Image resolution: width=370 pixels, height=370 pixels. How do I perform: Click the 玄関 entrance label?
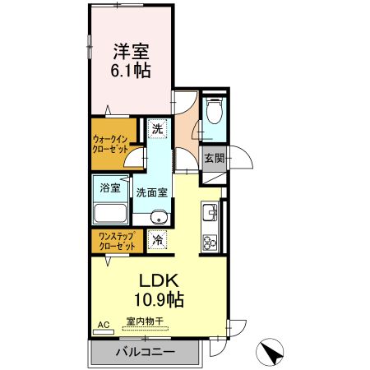click(214, 158)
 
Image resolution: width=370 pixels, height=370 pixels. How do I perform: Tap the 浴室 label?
click(109, 187)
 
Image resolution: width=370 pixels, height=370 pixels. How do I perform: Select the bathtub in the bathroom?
click(109, 213)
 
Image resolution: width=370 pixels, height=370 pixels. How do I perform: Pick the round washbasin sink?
click(160, 218)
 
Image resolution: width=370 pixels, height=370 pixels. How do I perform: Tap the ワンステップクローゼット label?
click(116, 241)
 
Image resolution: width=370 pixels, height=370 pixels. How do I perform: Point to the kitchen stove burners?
click(209, 241)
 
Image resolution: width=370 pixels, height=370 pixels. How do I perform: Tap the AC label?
click(103, 325)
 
